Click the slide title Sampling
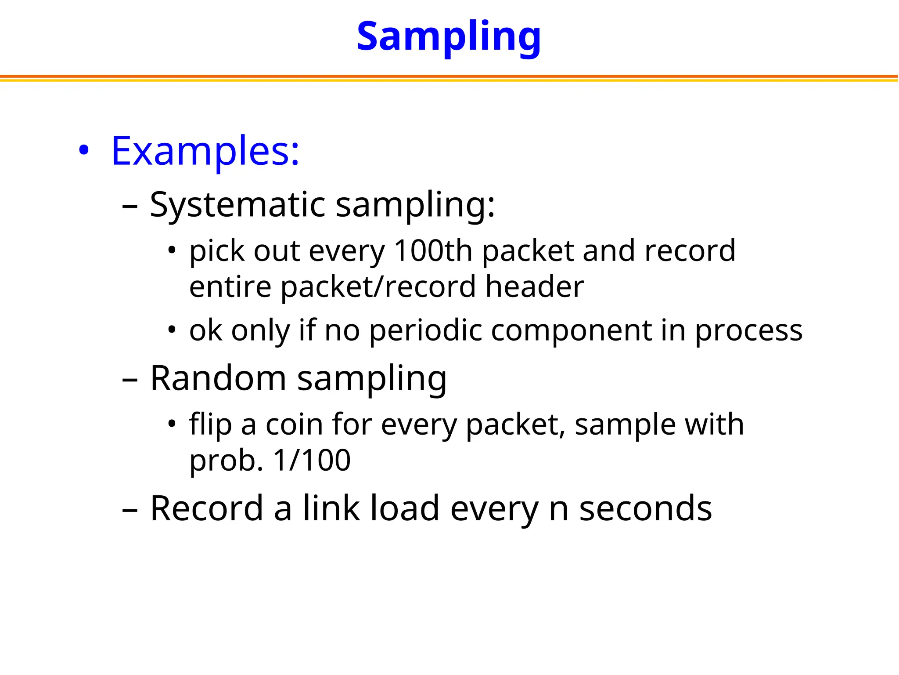click(449, 37)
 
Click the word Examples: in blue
click(205, 151)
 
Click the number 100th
click(433, 251)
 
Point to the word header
click(534, 287)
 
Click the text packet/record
click(378, 287)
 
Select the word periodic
click(425, 330)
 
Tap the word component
click(571, 330)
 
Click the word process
click(748, 331)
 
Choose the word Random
click(218, 378)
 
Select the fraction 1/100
click(312, 461)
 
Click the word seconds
click(645, 508)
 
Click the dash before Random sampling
click(130, 379)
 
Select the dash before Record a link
click(130, 510)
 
